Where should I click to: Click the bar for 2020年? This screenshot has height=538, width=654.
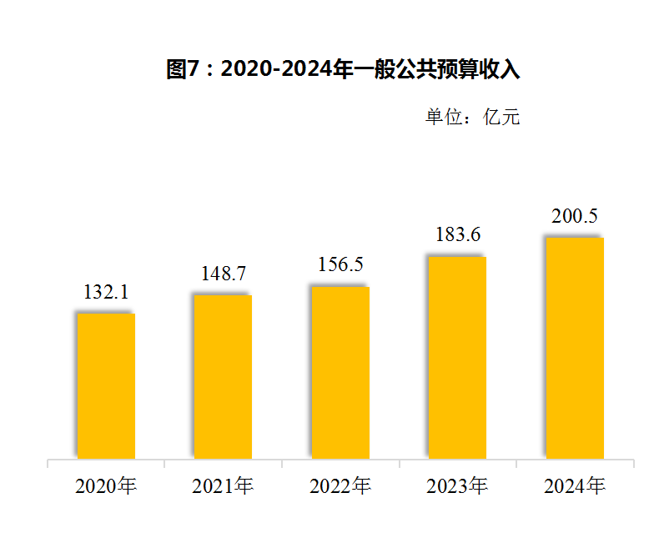point(106,385)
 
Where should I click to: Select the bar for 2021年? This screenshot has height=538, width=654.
point(223,376)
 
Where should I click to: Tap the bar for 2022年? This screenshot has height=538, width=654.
point(340,372)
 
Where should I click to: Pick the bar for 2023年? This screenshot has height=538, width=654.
point(457,357)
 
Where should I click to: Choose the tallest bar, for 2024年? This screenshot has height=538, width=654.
point(575,348)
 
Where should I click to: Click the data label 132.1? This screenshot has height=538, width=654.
point(106,292)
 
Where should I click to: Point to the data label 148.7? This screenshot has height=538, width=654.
point(224,274)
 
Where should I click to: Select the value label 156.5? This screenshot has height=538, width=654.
point(340,264)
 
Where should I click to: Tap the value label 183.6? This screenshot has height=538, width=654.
point(458,235)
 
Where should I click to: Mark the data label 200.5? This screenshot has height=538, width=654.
point(575,216)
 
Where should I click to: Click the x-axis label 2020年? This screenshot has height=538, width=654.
point(106,486)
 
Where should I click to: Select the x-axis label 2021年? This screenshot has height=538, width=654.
point(223,486)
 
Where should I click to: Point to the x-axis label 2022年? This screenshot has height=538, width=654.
point(340,486)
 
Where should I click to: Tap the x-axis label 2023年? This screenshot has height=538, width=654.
point(457,486)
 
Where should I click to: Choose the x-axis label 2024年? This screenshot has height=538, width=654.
point(575,486)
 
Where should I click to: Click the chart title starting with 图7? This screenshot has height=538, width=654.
point(343,69)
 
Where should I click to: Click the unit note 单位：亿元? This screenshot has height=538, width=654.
point(472,117)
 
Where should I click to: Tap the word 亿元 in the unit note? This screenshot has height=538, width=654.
point(502,117)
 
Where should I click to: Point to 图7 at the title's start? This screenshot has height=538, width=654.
point(182,69)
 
